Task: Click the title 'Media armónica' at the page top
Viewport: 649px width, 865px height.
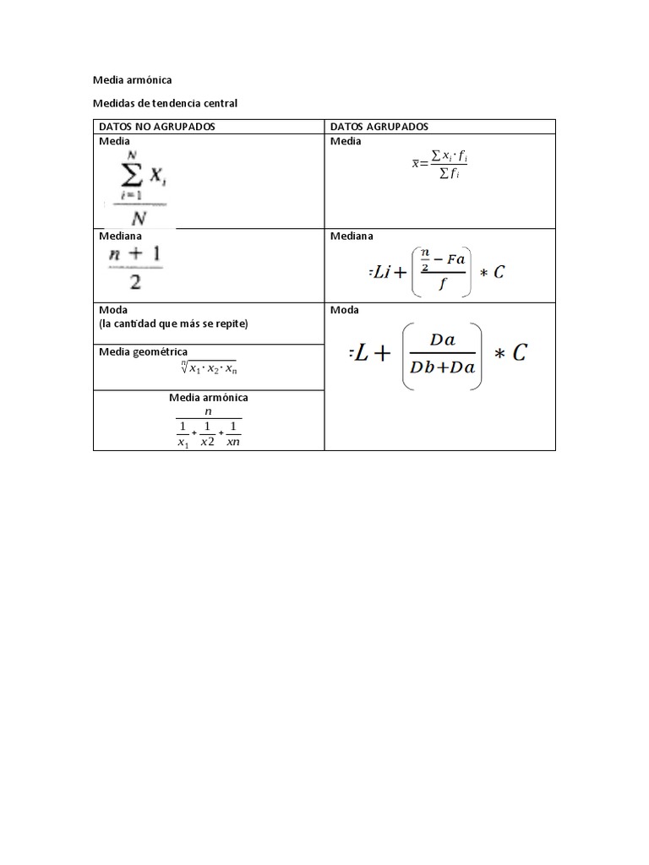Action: (132, 80)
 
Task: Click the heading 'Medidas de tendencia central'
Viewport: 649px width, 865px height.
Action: (166, 103)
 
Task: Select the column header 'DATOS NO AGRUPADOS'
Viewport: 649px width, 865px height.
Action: (157, 127)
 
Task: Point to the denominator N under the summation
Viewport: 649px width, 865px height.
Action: (137, 217)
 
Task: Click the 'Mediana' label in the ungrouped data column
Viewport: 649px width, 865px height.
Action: (120, 237)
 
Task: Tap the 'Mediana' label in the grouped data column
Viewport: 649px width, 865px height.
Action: (352, 237)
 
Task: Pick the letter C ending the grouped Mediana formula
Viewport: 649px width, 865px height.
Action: (499, 272)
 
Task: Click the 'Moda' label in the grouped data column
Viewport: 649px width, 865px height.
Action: (345, 310)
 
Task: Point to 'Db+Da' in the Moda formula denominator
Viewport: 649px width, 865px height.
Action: (442, 367)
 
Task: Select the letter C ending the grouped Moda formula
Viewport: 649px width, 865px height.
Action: (518, 352)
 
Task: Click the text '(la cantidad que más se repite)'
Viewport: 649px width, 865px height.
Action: (174, 324)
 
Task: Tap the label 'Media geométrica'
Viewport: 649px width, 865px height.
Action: (144, 351)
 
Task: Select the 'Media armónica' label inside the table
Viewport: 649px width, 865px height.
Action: (209, 397)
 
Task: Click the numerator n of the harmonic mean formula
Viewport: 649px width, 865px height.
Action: (209, 411)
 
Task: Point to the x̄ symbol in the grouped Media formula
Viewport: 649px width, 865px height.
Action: (415, 163)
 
